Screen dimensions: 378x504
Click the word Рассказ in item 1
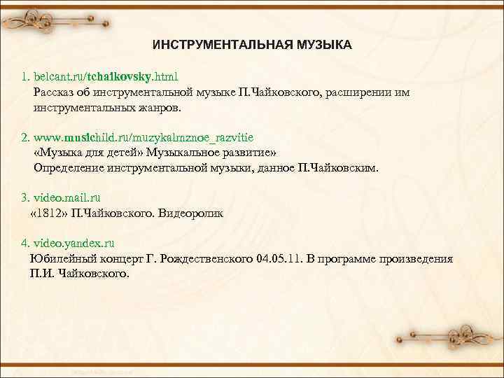(x=55, y=92)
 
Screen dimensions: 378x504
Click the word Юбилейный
(x=60, y=259)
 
